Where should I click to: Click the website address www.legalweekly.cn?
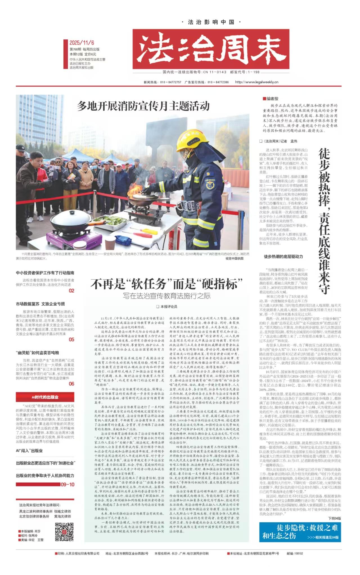point(256,82)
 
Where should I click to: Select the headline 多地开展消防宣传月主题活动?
point(143,106)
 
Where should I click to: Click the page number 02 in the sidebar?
point(71,291)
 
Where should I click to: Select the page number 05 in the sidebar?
point(71,339)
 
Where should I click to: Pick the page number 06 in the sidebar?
point(71,384)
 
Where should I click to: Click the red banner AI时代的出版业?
point(45,397)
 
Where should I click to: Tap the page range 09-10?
point(67,484)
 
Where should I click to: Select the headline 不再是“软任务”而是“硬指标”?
point(166,284)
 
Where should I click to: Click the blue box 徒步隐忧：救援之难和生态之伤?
point(300,531)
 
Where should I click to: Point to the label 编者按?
point(272,98)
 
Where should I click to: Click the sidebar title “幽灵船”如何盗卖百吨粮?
point(37,352)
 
